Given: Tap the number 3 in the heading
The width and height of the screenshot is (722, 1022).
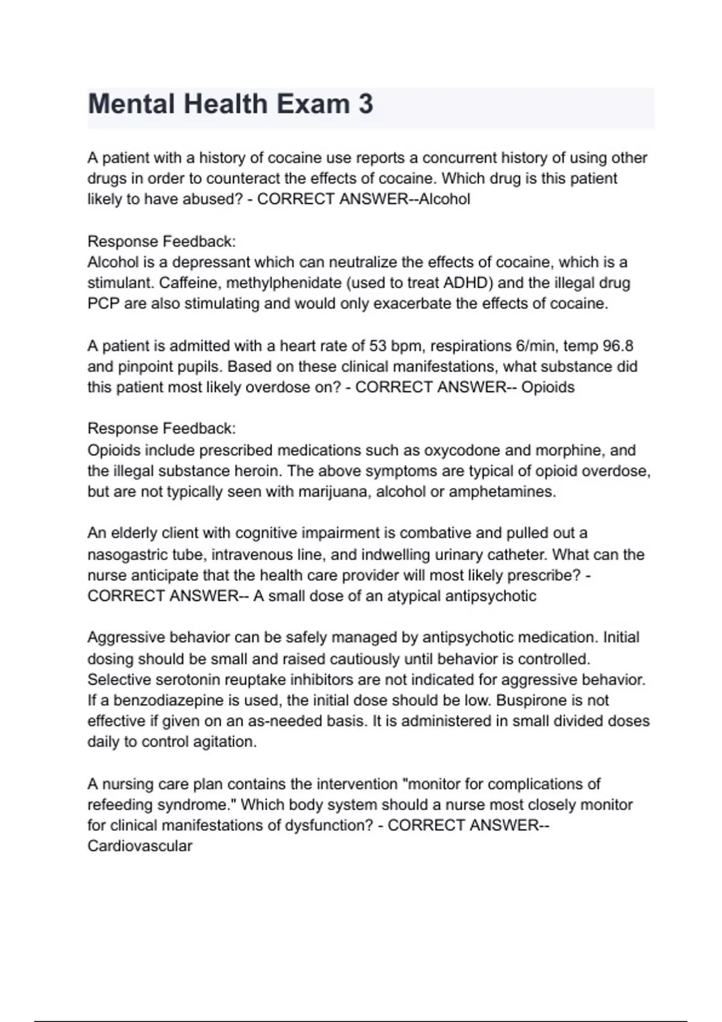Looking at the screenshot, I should click(365, 104).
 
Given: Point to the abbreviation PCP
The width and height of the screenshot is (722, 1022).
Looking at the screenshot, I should click(103, 304).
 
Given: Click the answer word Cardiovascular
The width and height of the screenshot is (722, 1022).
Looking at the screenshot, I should click(140, 846).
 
